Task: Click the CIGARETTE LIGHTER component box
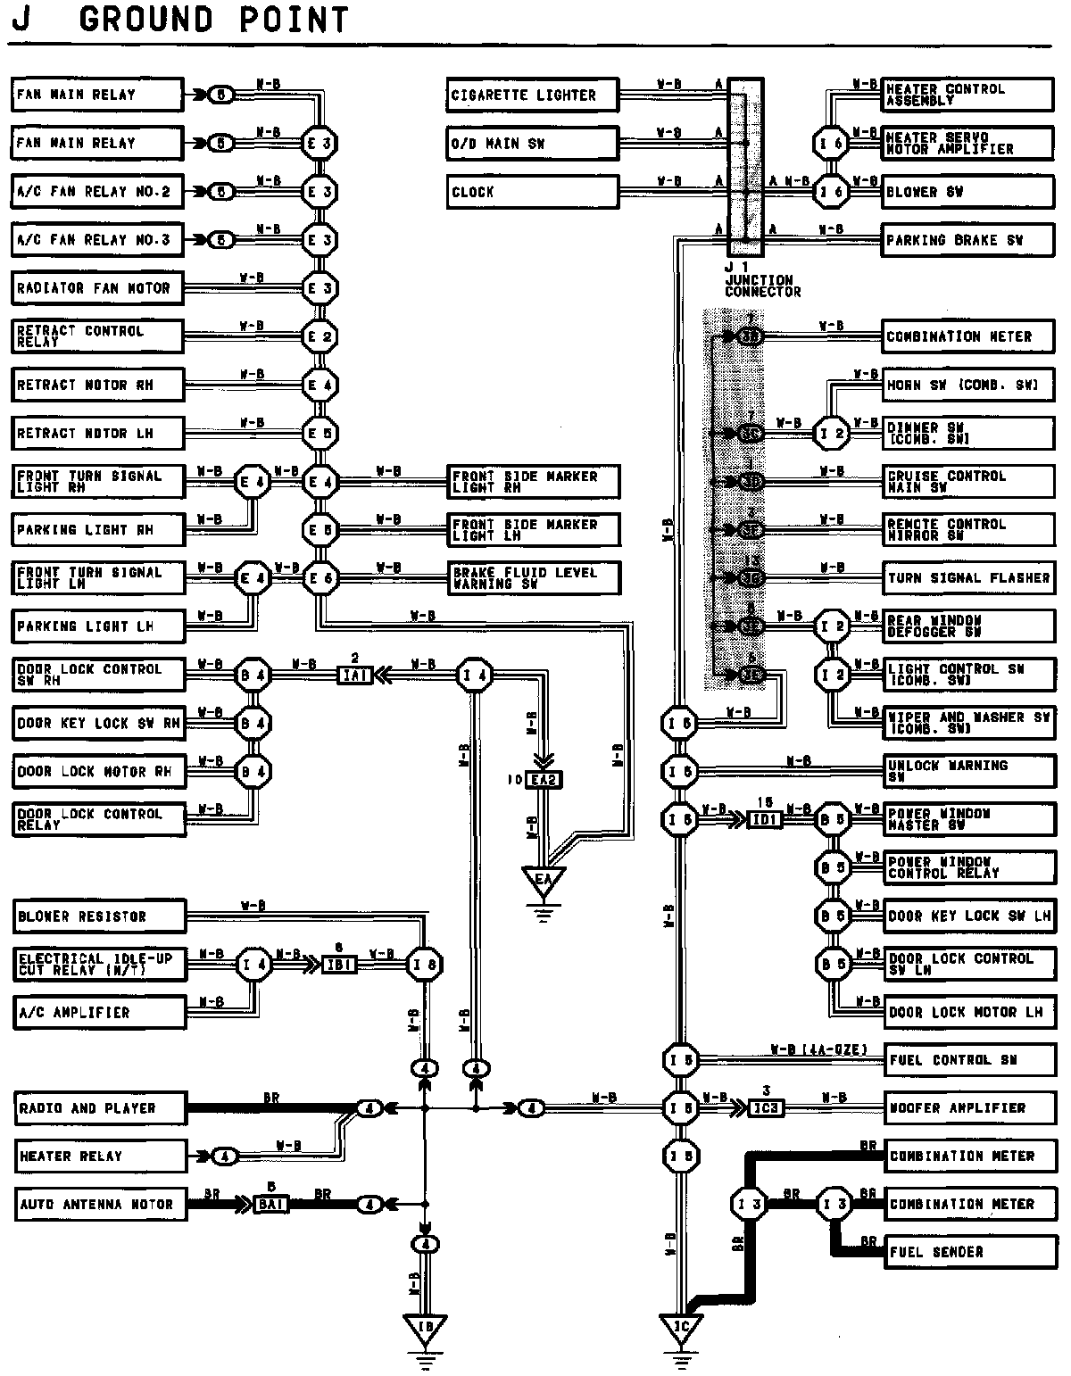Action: click(x=532, y=95)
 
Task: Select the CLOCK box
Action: click(x=532, y=192)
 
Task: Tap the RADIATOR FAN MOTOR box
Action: click(x=97, y=288)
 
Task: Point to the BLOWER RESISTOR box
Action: click(x=97, y=916)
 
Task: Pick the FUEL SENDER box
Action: click(x=967, y=1252)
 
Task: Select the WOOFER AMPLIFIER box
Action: click(x=967, y=1108)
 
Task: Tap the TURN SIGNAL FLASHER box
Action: click(x=967, y=578)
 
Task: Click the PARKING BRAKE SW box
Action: click(x=967, y=240)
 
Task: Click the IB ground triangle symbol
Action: click(x=425, y=1328)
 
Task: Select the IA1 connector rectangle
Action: click(x=355, y=676)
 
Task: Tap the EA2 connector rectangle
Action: click(x=544, y=780)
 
